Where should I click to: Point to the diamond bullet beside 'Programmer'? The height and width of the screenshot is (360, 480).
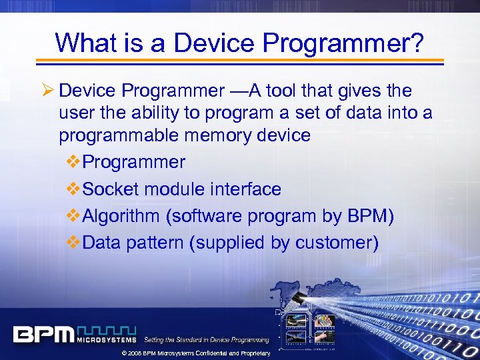(74, 162)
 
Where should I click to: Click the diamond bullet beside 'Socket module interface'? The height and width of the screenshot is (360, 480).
(74, 189)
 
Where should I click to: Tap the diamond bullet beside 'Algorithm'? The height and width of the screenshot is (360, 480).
(74, 216)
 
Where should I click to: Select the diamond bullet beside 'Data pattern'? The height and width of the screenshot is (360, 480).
(74, 243)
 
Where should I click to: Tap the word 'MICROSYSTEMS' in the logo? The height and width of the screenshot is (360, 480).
(106, 339)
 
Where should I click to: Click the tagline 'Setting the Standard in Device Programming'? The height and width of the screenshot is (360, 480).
(207, 340)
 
